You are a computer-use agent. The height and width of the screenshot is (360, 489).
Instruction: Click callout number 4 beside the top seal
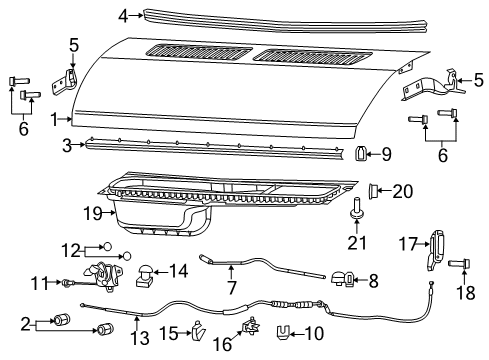(123, 15)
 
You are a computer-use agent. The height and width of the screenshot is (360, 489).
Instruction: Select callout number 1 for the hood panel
(56, 119)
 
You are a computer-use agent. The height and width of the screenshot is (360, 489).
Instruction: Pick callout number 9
(387, 154)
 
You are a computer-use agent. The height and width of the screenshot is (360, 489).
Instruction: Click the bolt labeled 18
(458, 264)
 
